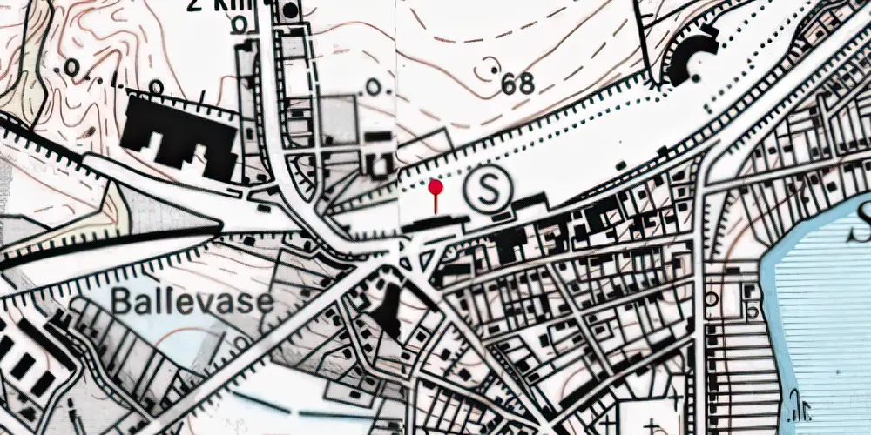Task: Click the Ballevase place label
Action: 192,303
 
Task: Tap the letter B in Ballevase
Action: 122,303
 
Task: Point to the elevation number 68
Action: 517,84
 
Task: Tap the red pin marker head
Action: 435,186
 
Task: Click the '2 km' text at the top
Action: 218,4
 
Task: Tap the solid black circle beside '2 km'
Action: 288,11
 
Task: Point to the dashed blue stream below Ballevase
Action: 287,409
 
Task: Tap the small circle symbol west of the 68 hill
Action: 375,87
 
